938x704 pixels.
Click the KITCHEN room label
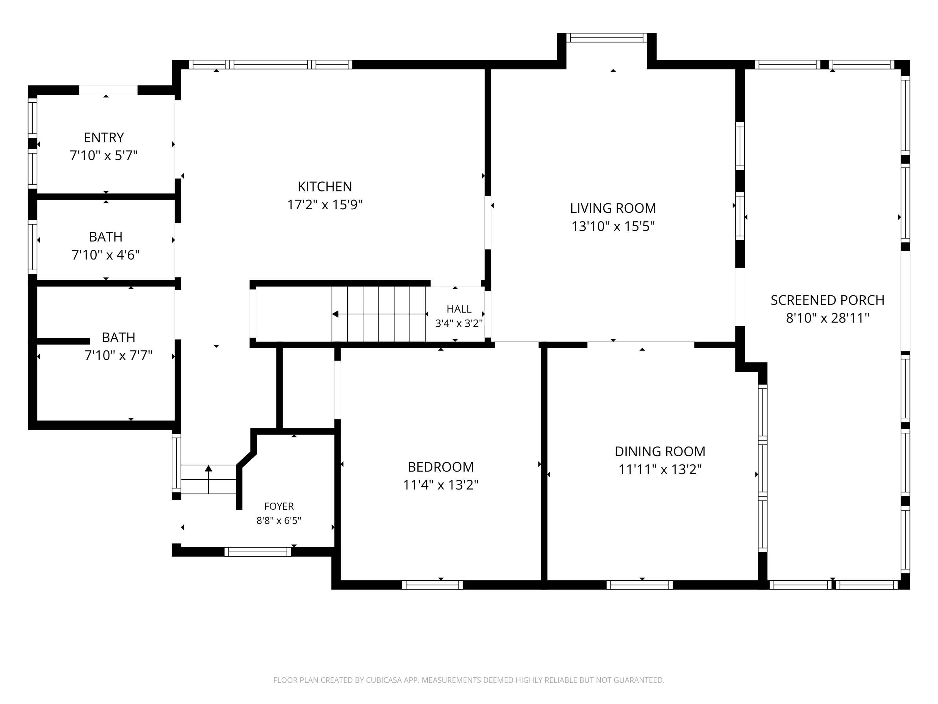point(325,187)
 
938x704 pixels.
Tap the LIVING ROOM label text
point(613,208)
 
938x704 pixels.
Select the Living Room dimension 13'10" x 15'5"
point(613,227)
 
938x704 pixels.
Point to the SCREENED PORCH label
point(827,300)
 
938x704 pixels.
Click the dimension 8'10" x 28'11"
point(827,318)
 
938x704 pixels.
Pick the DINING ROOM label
point(660,451)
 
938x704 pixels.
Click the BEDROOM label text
point(441,467)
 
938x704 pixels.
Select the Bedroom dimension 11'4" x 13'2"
point(441,485)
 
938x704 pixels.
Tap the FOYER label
point(279,506)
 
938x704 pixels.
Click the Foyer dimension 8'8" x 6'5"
point(279,521)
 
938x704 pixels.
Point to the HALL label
point(459,309)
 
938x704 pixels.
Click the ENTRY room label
point(104,138)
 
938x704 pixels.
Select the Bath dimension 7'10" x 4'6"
point(106,255)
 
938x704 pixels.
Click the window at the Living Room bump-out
point(607,38)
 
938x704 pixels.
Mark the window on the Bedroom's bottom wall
point(432,585)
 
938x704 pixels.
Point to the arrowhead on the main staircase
point(335,314)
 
